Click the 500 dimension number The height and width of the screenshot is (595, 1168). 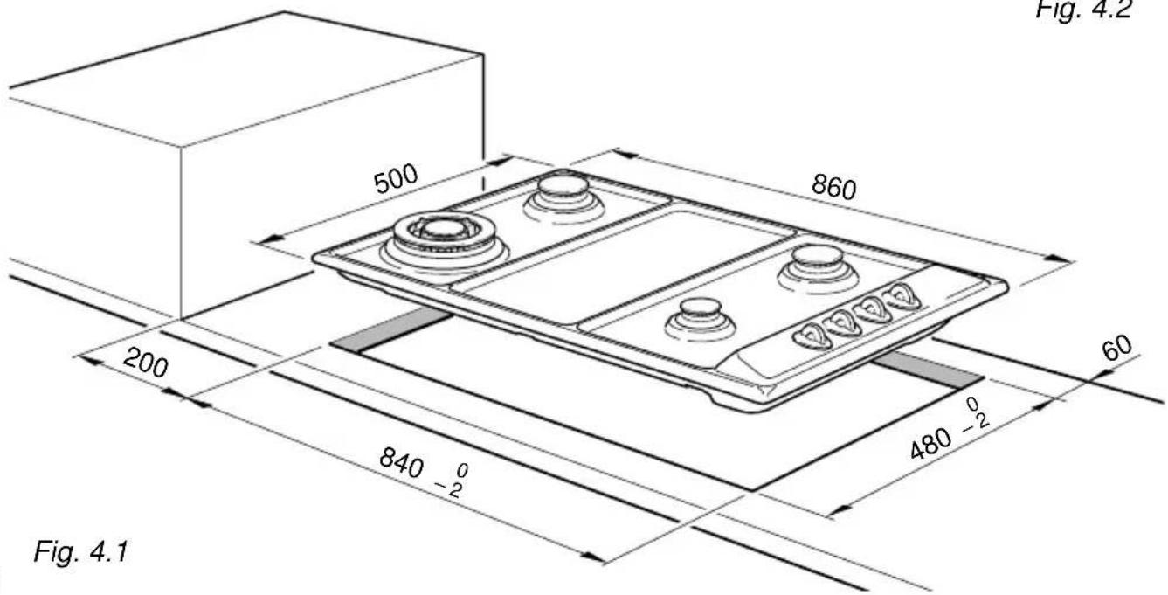point(397,178)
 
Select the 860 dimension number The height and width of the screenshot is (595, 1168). point(833,187)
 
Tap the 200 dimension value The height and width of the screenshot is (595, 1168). point(146,363)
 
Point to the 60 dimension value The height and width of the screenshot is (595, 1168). point(1116,349)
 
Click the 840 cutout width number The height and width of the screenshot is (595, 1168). point(401,462)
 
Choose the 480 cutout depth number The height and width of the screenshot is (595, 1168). point(931,443)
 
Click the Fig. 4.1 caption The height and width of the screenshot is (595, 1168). point(81,551)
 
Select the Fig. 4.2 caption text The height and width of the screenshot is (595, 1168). point(1083,10)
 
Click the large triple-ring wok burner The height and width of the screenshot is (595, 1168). point(445,241)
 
